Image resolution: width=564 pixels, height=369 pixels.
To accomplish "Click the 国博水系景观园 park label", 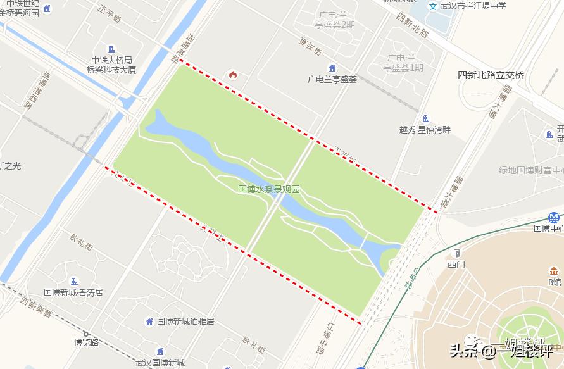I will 269,189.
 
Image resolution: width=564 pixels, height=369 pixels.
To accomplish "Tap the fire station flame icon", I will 233,75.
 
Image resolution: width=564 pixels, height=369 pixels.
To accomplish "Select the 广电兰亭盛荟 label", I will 332,79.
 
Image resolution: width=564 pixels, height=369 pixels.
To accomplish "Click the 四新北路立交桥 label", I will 491,75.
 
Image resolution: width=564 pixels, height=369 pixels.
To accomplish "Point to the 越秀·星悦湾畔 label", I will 425,130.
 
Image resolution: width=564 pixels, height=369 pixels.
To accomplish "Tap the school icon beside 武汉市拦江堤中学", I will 433,6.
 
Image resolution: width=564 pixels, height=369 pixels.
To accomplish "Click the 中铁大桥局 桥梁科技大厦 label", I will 111,65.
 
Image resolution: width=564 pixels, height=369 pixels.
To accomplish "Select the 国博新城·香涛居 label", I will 73,292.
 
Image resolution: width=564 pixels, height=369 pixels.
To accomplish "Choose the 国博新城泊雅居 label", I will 185,322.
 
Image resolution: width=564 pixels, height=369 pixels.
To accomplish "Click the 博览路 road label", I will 86,342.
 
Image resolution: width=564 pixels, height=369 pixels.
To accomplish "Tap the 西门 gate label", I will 456,264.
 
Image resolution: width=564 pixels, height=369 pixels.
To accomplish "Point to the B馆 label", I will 555,282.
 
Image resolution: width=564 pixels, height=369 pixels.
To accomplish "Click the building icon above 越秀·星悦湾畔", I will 425,118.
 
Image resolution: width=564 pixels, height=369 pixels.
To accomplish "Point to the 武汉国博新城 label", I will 160,363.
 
